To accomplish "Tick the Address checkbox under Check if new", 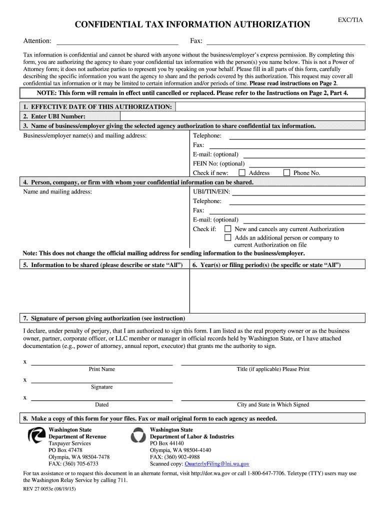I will (242, 172).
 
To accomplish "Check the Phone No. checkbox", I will (286, 172).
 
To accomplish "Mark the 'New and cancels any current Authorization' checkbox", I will (228, 229).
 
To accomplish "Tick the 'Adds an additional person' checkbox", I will (228, 238).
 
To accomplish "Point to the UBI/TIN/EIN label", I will (211, 191).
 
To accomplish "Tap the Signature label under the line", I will (101, 387).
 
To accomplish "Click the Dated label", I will (101, 404).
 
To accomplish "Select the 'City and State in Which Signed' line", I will (272, 400).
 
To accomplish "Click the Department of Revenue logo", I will (36, 436).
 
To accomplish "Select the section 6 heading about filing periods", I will (266, 265).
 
